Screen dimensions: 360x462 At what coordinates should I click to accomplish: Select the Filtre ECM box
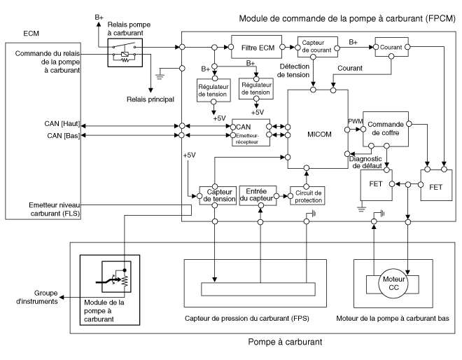click(x=255, y=48)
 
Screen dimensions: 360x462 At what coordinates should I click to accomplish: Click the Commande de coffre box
click(x=386, y=128)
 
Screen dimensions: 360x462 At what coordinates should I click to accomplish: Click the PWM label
click(x=356, y=121)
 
